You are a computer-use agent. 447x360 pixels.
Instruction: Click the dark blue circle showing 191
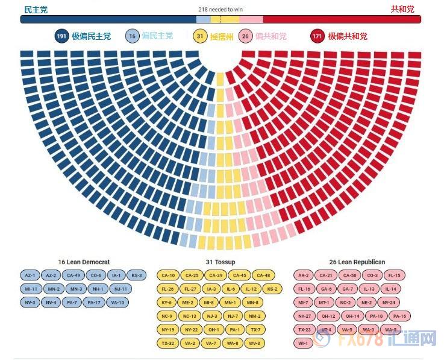pyautogui.click(x=61, y=36)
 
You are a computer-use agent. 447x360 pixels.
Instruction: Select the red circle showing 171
pyautogui.click(x=318, y=36)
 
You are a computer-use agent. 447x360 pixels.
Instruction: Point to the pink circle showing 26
pyautogui.click(x=245, y=36)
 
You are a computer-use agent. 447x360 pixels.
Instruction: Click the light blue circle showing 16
pyautogui.click(x=132, y=36)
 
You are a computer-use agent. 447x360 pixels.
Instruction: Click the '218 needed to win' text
pyautogui.click(x=220, y=10)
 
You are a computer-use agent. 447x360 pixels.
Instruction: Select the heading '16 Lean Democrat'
pyautogui.click(x=84, y=262)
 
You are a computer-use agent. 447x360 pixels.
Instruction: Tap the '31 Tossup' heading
pyautogui.click(x=220, y=262)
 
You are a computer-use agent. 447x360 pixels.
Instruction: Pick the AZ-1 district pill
pyautogui.click(x=30, y=276)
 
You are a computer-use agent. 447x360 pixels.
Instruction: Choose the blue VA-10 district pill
pyautogui.click(x=117, y=303)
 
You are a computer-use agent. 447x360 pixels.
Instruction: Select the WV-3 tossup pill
pyautogui.click(x=255, y=343)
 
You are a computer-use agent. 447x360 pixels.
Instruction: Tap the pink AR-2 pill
pyautogui.click(x=304, y=276)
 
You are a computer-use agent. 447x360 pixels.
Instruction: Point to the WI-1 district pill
pyautogui.click(x=304, y=344)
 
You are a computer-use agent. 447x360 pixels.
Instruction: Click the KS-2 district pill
pyautogui.click(x=271, y=289)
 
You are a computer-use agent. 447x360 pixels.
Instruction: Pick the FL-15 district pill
pyautogui.click(x=394, y=276)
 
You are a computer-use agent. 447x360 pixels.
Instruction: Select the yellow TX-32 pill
pyautogui.click(x=167, y=343)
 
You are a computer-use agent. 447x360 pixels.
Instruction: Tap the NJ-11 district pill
pyautogui.click(x=119, y=289)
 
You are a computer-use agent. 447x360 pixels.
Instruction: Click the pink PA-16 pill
pyautogui.click(x=399, y=316)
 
